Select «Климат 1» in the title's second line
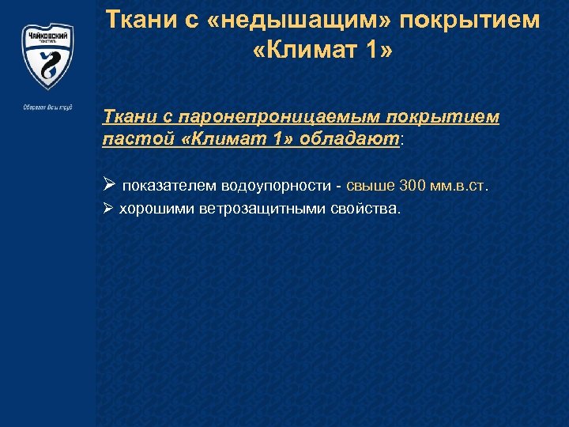coord(322,55)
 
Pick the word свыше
coord(370,186)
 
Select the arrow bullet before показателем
coord(109,186)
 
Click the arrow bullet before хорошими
coord(109,209)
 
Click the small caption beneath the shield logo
coord(47,107)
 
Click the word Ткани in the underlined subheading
coord(128,117)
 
